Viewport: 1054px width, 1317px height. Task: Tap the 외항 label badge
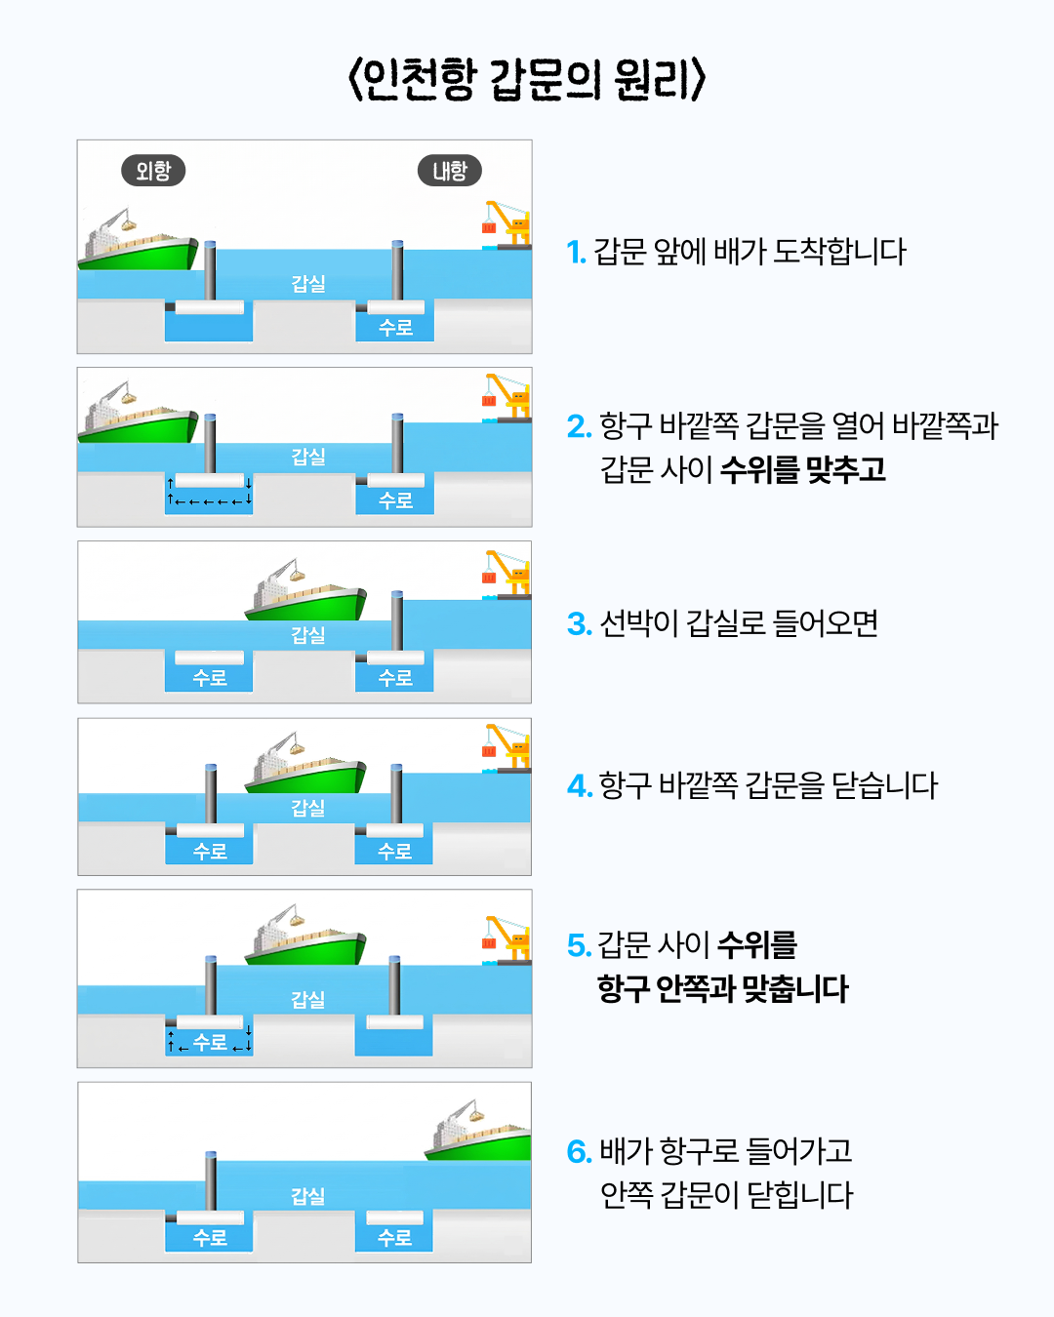click(153, 171)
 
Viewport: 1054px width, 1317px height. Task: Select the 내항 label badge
click(449, 171)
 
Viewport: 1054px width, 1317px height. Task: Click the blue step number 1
click(576, 253)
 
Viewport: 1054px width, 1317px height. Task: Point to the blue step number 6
click(579, 1152)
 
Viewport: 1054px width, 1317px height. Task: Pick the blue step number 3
click(579, 624)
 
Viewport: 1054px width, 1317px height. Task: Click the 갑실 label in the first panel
click(308, 284)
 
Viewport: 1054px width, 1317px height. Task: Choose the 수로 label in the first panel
click(395, 328)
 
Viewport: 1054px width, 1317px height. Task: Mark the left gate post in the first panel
click(210, 270)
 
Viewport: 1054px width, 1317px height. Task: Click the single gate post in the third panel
click(397, 620)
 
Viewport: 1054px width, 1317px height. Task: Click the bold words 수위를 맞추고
click(802, 470)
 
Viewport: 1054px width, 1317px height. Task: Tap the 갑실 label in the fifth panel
click(308, 1000)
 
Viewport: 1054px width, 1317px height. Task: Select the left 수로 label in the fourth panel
click(210, 852)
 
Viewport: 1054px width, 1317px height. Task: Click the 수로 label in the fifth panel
click(210, 1042)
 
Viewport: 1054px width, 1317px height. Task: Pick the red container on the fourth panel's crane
click(489, 751)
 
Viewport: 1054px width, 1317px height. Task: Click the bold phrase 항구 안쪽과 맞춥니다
click(722, 989)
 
